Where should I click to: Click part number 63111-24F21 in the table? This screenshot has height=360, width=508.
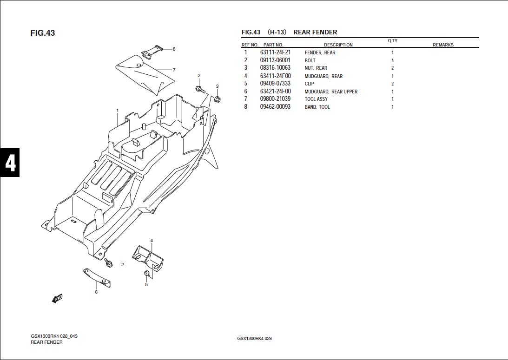pos(275,52)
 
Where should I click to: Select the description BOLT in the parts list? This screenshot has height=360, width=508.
pos(310,60)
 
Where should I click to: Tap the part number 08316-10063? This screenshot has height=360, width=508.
pos(275,68)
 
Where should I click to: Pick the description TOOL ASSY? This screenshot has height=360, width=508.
pos(316,99)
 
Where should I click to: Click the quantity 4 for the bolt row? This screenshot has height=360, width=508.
pos(392,60)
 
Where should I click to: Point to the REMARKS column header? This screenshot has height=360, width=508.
pos(443,45)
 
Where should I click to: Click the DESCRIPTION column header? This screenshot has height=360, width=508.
pos(338,45)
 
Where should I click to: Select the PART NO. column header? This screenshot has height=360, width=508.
pos(273,45)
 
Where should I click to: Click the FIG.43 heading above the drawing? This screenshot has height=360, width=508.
pos(43,33)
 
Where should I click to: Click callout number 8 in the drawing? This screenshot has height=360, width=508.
pos(174,49)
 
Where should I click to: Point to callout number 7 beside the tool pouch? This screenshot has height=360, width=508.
pos(174,70)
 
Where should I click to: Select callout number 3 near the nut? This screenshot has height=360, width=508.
pos(217,86)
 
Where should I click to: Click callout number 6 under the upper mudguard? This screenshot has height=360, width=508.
pos(96,292)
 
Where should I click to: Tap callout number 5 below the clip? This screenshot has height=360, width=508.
pos(146,284)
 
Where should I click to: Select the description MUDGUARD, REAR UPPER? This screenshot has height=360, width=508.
pos(331,92)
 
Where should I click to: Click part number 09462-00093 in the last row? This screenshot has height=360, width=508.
pos(275,107)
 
